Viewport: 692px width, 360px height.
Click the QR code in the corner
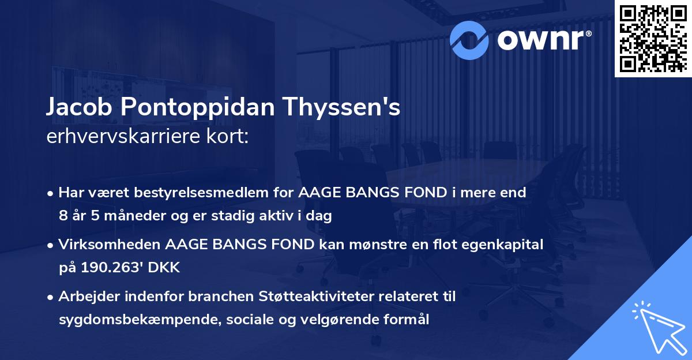click(652, 38)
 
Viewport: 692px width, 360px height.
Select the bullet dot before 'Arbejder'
click(51, 298)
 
